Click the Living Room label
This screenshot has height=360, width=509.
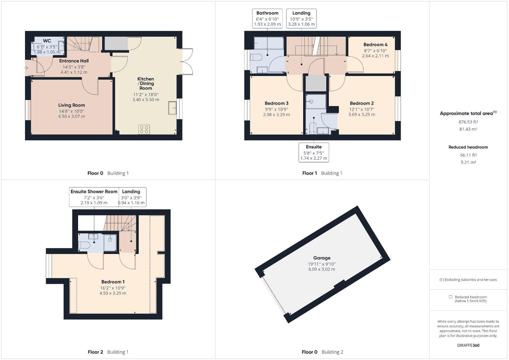pyautogui.click(x=72, y=105)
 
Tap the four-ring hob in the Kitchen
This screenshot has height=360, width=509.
pyautogui.click(x=144, y=130)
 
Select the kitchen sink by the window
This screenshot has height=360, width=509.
pyautogui.click(x=172, y=108)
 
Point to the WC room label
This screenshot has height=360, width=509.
pyautogui.click(x=47, y=41)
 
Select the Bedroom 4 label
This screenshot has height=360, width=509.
pyautogui.click(x=375, y=45)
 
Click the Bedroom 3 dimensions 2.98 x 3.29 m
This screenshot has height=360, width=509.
pyautogui.click(x=276, y=115)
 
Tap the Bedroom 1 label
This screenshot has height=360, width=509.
pyautogui.click(x=113, y=282)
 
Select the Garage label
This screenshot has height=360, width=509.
pyautogui.click(x=322, y=258)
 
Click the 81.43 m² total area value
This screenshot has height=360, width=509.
pyautogui.click(x=468, y=129)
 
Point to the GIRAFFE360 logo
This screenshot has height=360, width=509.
pyautogui.click(x=468, y=345)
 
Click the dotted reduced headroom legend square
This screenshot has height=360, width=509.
pyautogui.click(x=450, y=297)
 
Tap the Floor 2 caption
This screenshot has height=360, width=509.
pyautogui.click(x=95, y=352)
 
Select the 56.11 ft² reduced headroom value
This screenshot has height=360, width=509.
pyautogui.click(x=468, y=155)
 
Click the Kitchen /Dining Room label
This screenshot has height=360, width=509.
pyautogui.click(x=146, y=84)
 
